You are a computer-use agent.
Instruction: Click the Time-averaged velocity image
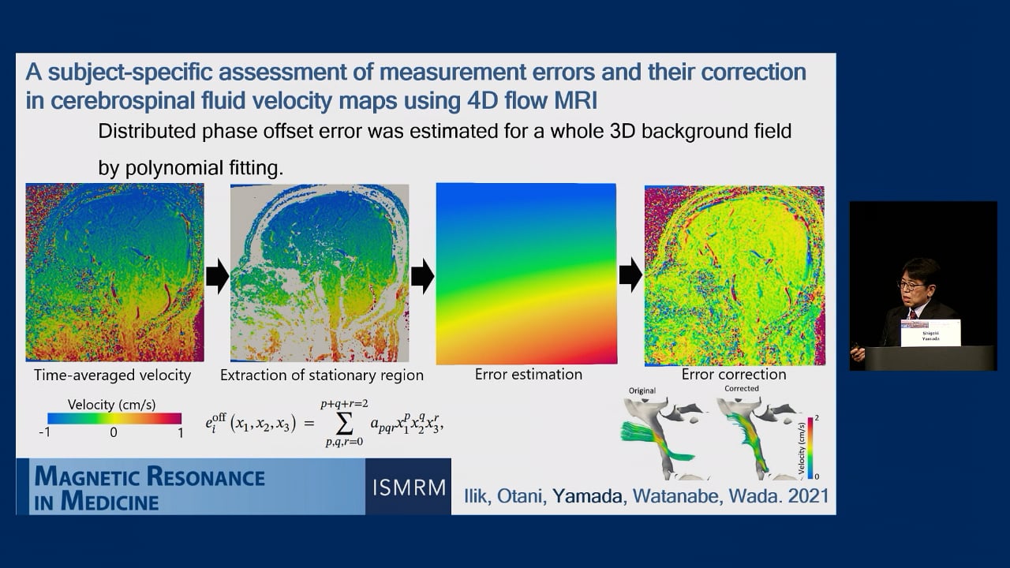pos(114,272)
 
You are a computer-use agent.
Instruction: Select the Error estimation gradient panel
pos(526,274)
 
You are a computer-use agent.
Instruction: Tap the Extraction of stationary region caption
pos(321,375)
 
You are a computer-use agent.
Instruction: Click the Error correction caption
pos(734,374)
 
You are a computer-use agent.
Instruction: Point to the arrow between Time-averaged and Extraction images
pos(217,275)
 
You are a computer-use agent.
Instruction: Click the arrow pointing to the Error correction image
pos(630,275)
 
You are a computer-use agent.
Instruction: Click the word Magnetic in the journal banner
pos(88,476)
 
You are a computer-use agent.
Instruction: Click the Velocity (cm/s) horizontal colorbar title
pos(114,405)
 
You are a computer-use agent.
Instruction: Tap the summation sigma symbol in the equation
pos(344,424)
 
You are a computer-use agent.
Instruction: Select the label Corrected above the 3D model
pos(741,389)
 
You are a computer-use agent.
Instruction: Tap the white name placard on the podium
pos(930,333)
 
